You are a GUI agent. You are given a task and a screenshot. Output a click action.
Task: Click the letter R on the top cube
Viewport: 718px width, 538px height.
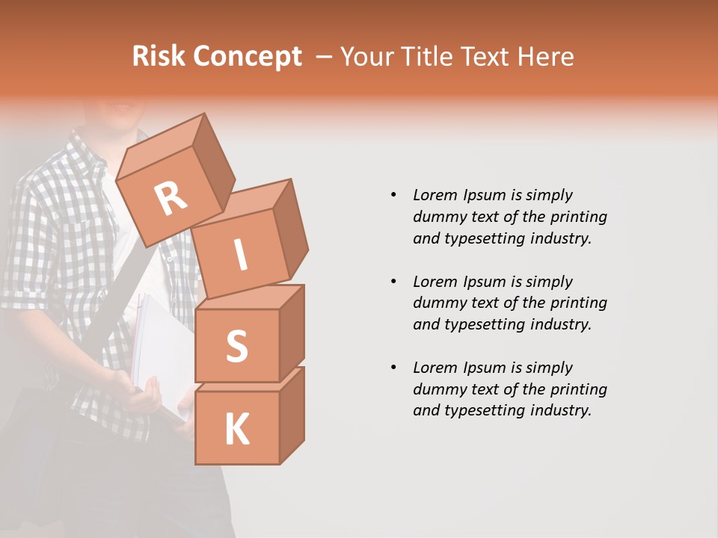tap(171, 199)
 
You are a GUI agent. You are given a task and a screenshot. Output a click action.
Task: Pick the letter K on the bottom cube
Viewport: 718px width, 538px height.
tap(236, 430)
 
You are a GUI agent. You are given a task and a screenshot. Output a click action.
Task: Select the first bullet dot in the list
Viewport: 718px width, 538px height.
tap(393, 195)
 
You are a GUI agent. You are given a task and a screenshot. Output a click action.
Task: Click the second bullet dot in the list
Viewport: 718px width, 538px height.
tap(393, 282)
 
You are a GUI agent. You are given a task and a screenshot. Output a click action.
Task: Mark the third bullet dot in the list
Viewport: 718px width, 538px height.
tap(393, 368)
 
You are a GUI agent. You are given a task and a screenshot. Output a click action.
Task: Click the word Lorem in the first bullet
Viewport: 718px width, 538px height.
tap(435, 195)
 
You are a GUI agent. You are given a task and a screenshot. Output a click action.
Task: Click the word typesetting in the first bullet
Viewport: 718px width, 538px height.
tap(482, 238)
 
